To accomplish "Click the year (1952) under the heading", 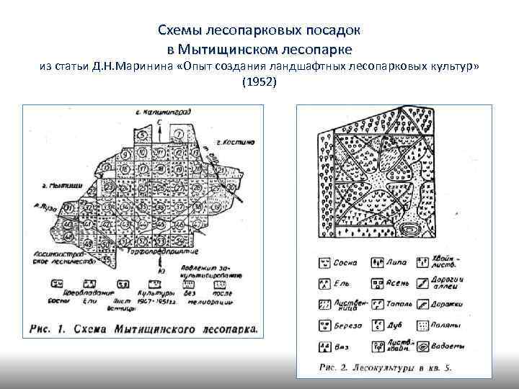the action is coord(259,82).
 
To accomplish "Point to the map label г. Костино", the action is coord(231,143).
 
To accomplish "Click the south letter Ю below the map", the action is coord(167,272).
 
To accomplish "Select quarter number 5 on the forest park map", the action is coord(143,135).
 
